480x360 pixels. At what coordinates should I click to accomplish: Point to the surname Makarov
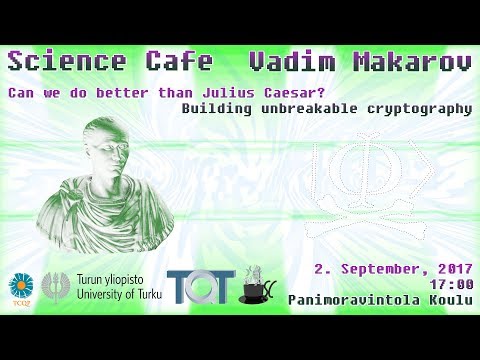coord(410,62)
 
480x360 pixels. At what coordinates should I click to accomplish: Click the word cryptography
coord(419,110)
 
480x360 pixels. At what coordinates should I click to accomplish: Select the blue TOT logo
coord(200,287)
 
